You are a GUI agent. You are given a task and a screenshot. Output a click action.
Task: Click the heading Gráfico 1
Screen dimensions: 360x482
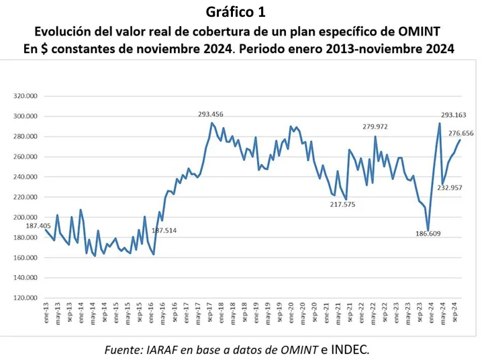pos(241,11)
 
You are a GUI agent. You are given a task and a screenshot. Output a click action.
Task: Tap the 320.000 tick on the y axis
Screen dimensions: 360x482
pos(26,96)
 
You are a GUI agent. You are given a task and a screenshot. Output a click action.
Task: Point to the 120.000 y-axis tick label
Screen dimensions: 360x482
pos(26,298)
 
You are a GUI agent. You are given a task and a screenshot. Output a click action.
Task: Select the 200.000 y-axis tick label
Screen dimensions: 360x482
pos(26,218)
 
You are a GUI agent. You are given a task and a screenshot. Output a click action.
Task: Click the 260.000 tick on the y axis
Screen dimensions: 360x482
pos(26,156)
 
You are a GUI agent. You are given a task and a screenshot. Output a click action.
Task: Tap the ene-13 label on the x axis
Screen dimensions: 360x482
pos(46,314)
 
